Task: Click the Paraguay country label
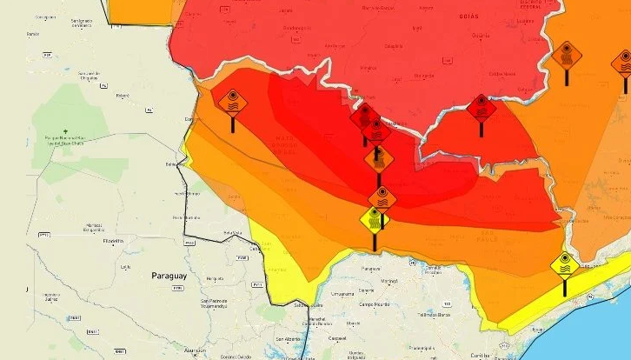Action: tap(169, 275)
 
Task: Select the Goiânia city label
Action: tap(481, 36)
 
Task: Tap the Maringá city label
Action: tap(391, 281)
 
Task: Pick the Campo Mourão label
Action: tap(381, 304)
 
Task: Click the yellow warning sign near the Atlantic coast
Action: tap(565, 263)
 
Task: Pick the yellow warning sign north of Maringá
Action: tap(375, 219)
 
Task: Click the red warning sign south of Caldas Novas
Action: tap(481, 108)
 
